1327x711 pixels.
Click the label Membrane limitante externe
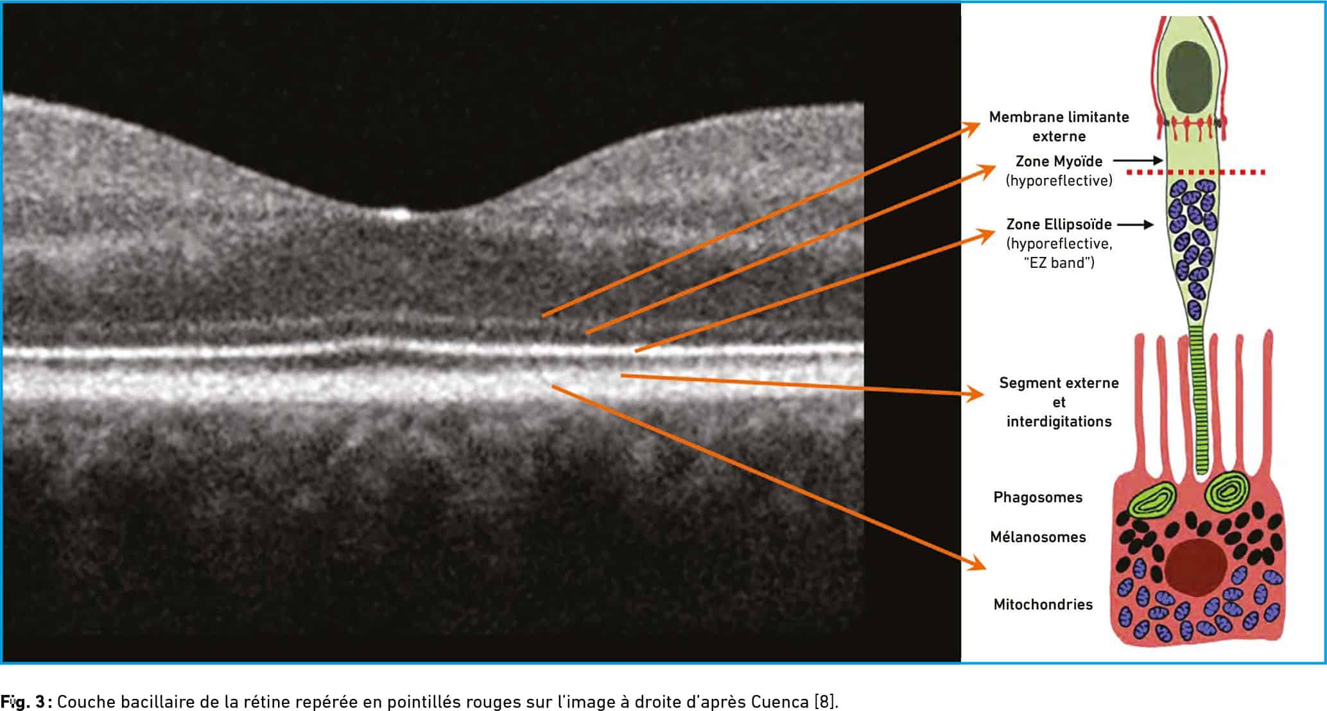point(1059,127)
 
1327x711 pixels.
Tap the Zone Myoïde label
point(1059,161)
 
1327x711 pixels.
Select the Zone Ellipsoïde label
point(1059,224)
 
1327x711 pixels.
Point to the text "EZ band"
point(1059,263)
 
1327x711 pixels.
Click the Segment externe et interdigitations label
point(1059,402)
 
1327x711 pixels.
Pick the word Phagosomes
point(1037,498)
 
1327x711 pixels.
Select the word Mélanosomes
point(1037,537)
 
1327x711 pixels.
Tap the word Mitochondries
point(1043,604)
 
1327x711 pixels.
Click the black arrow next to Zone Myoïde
point(1138,160)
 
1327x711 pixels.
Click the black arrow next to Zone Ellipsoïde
point(1135,225)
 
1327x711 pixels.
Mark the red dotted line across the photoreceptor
point(1196,172)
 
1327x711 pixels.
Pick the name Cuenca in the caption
point(779,701)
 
